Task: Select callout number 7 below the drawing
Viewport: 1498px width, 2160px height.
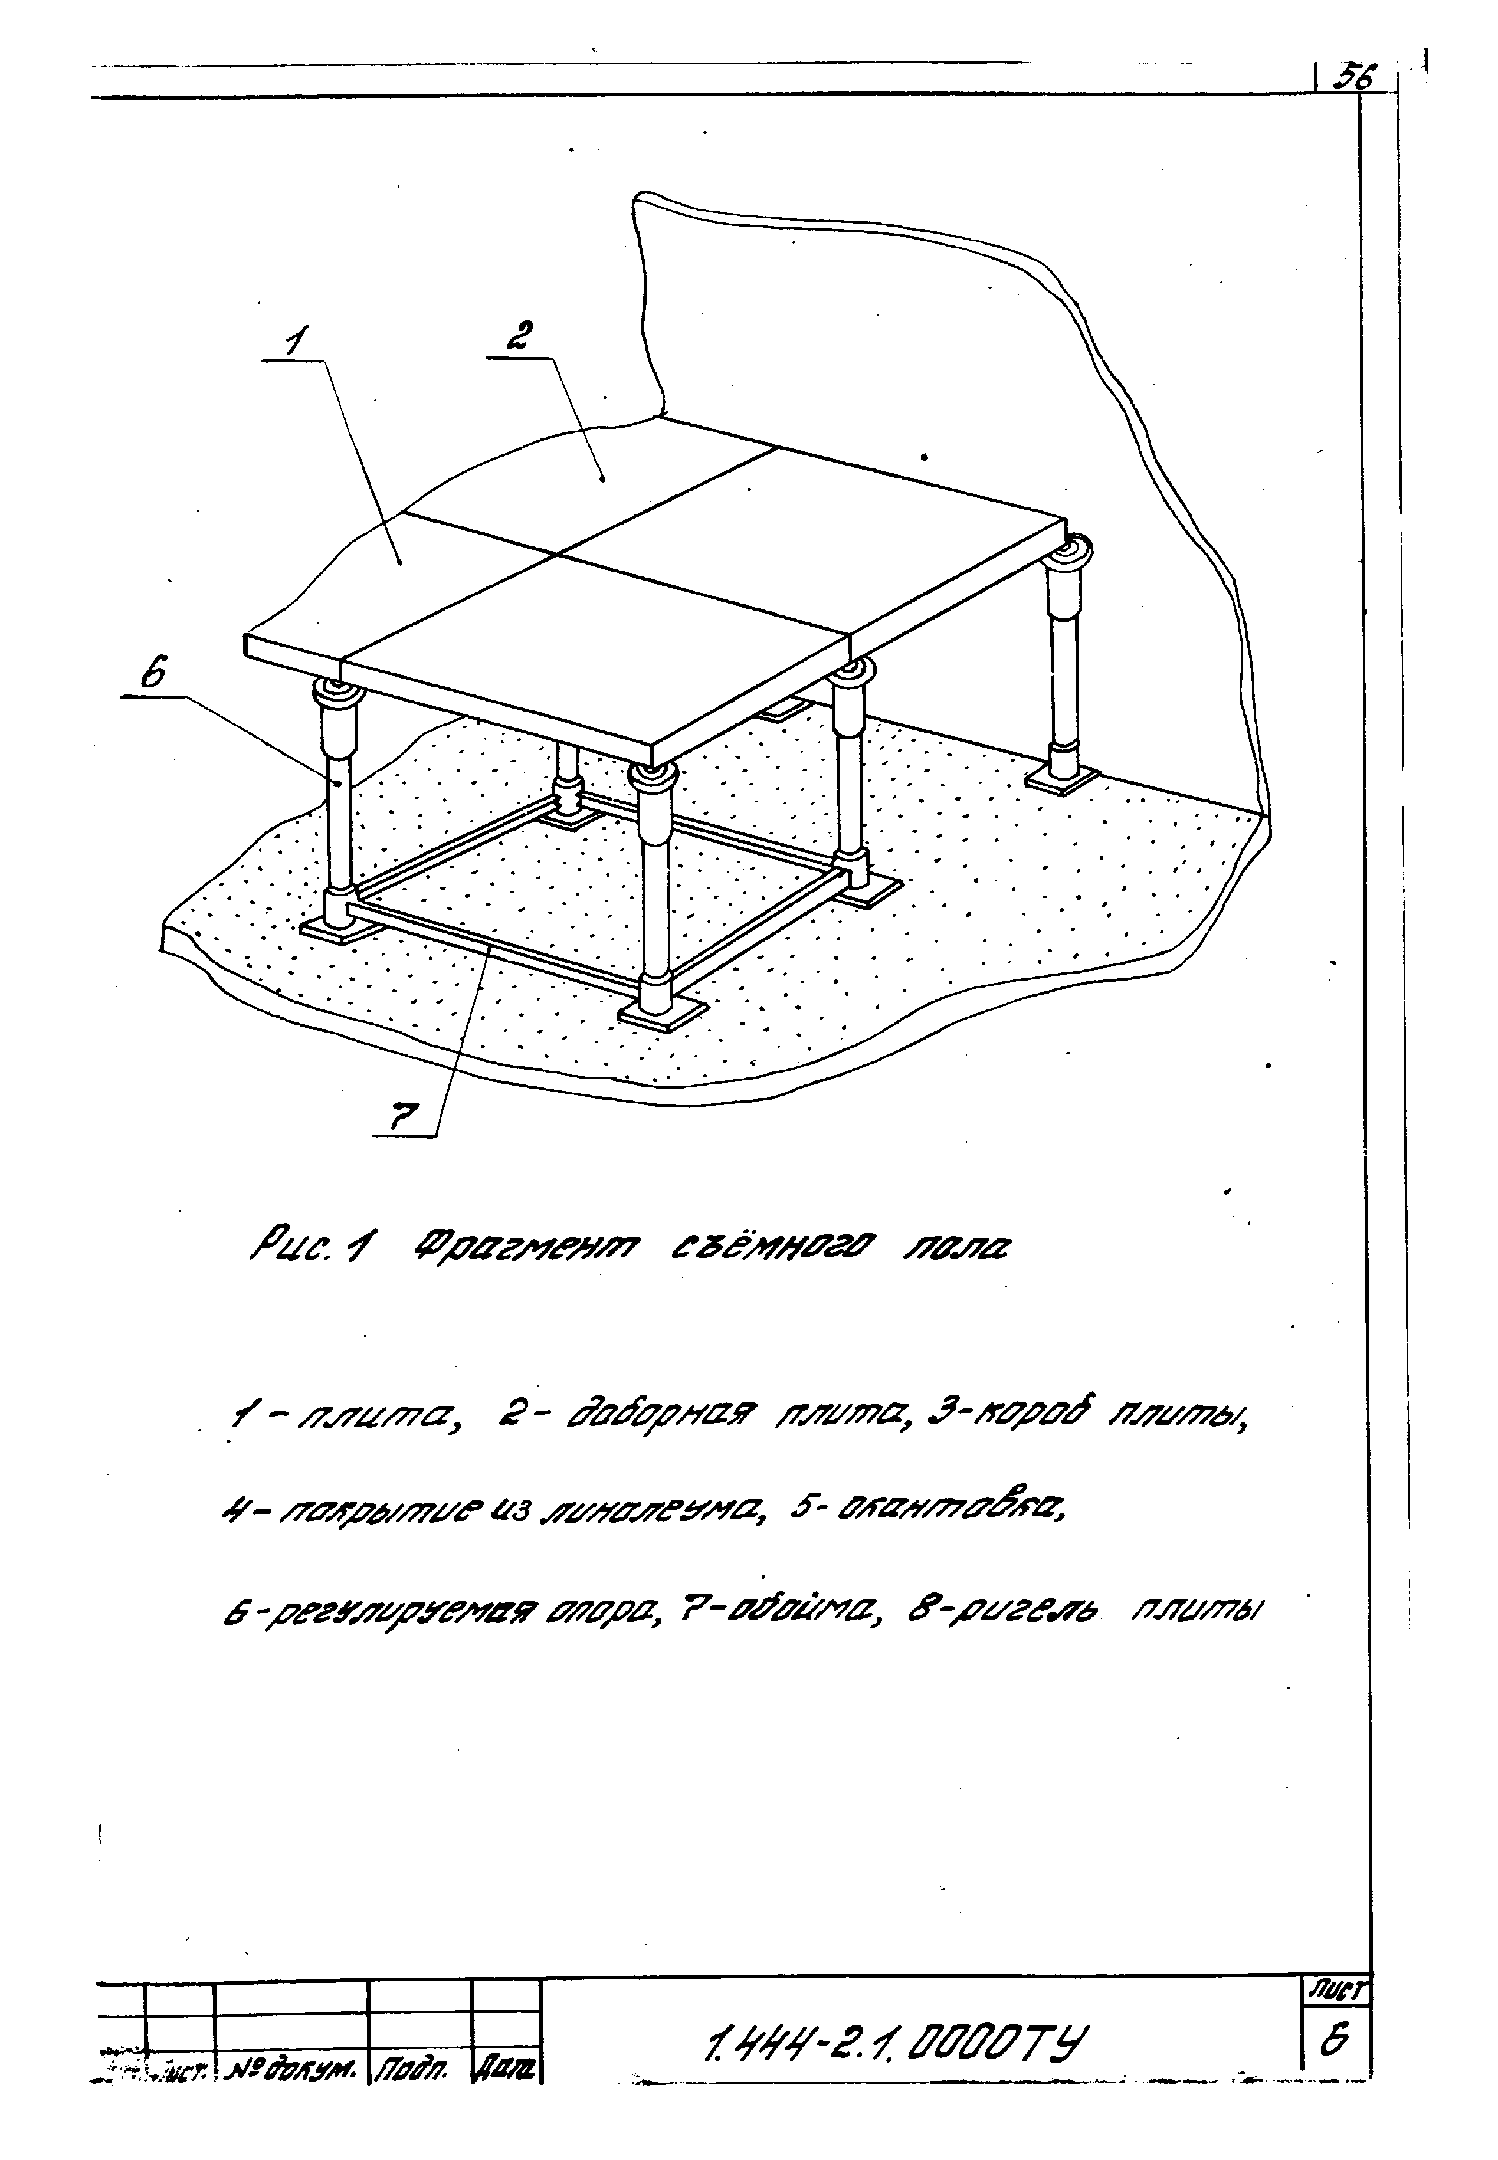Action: (x=404, y=1117)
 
